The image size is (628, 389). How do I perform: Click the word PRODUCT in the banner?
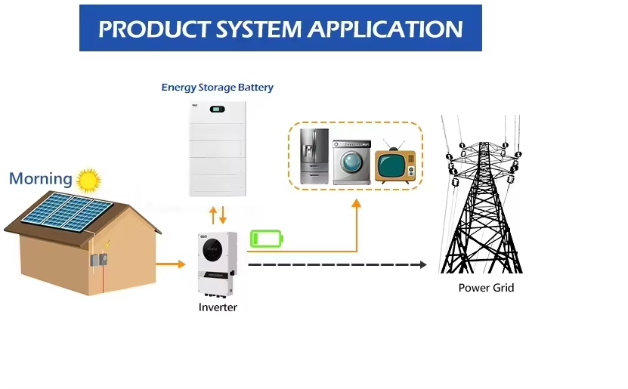tap(155, 29)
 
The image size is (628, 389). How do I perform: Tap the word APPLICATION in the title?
tap(385, 29)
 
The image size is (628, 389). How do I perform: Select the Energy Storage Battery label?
tap(217, 88)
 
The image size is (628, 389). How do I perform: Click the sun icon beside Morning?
tap(88, 180)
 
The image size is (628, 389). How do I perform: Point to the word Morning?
tap(41, 178)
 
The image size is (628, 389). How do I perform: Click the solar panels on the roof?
tap(67, 211)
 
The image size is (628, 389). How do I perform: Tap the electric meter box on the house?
tap(99, 260)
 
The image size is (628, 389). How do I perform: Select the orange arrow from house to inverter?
tap(171, 264)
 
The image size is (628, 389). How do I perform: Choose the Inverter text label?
tap(218, 307)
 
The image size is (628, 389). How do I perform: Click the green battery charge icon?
tap(267, 239)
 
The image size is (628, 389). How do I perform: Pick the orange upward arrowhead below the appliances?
tap(356, 203)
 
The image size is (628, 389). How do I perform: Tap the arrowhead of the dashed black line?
tap(423, 264)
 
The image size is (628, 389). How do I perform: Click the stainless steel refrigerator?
tap(314, 156)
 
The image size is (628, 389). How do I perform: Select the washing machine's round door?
tap(351, 162)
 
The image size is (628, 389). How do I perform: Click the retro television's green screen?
tap(391, 166)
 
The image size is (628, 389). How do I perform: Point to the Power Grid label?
tap(486, 288)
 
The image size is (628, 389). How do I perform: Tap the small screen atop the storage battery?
tap(217, 109)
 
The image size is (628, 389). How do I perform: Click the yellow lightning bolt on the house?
tap(107, 244)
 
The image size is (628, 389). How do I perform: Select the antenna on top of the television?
tap(394, 145)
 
